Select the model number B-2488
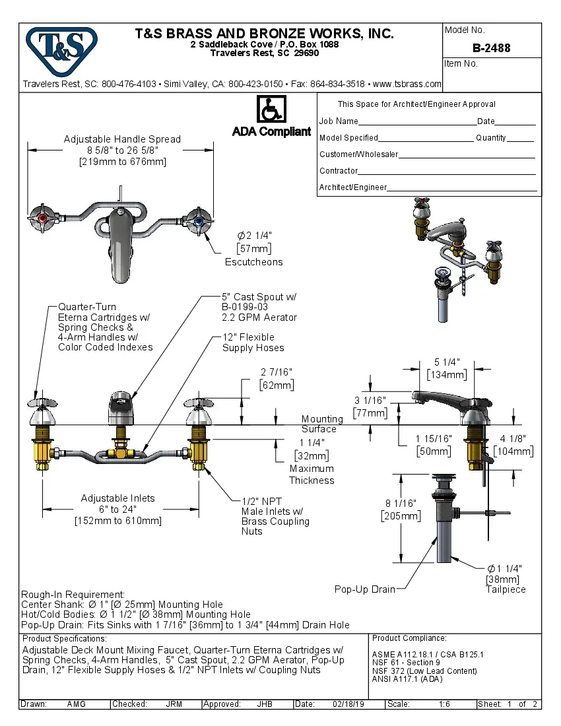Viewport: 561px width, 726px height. [491, 48]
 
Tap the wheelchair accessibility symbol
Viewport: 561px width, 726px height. [271, 109]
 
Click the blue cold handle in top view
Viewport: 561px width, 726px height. [199, 220]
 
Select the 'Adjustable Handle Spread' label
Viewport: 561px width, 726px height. [122, 139]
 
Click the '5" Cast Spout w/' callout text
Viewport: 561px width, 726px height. [259, 297]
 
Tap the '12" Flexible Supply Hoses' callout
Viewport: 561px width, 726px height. [253, 343]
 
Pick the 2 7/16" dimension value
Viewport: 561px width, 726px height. [277, 372]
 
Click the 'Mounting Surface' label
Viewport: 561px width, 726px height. [322, 424]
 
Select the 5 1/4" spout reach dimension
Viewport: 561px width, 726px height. [447, 362]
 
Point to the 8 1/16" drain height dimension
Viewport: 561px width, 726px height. [400, 504]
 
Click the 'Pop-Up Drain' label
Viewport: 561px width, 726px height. [364, 589]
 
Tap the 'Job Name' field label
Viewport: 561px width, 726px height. [339, 121]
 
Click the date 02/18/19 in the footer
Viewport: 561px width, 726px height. [349, 704]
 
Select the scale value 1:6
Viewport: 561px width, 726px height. [444, 704]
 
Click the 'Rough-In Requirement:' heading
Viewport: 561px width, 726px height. [73, 595]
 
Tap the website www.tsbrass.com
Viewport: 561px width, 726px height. [407, 84]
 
